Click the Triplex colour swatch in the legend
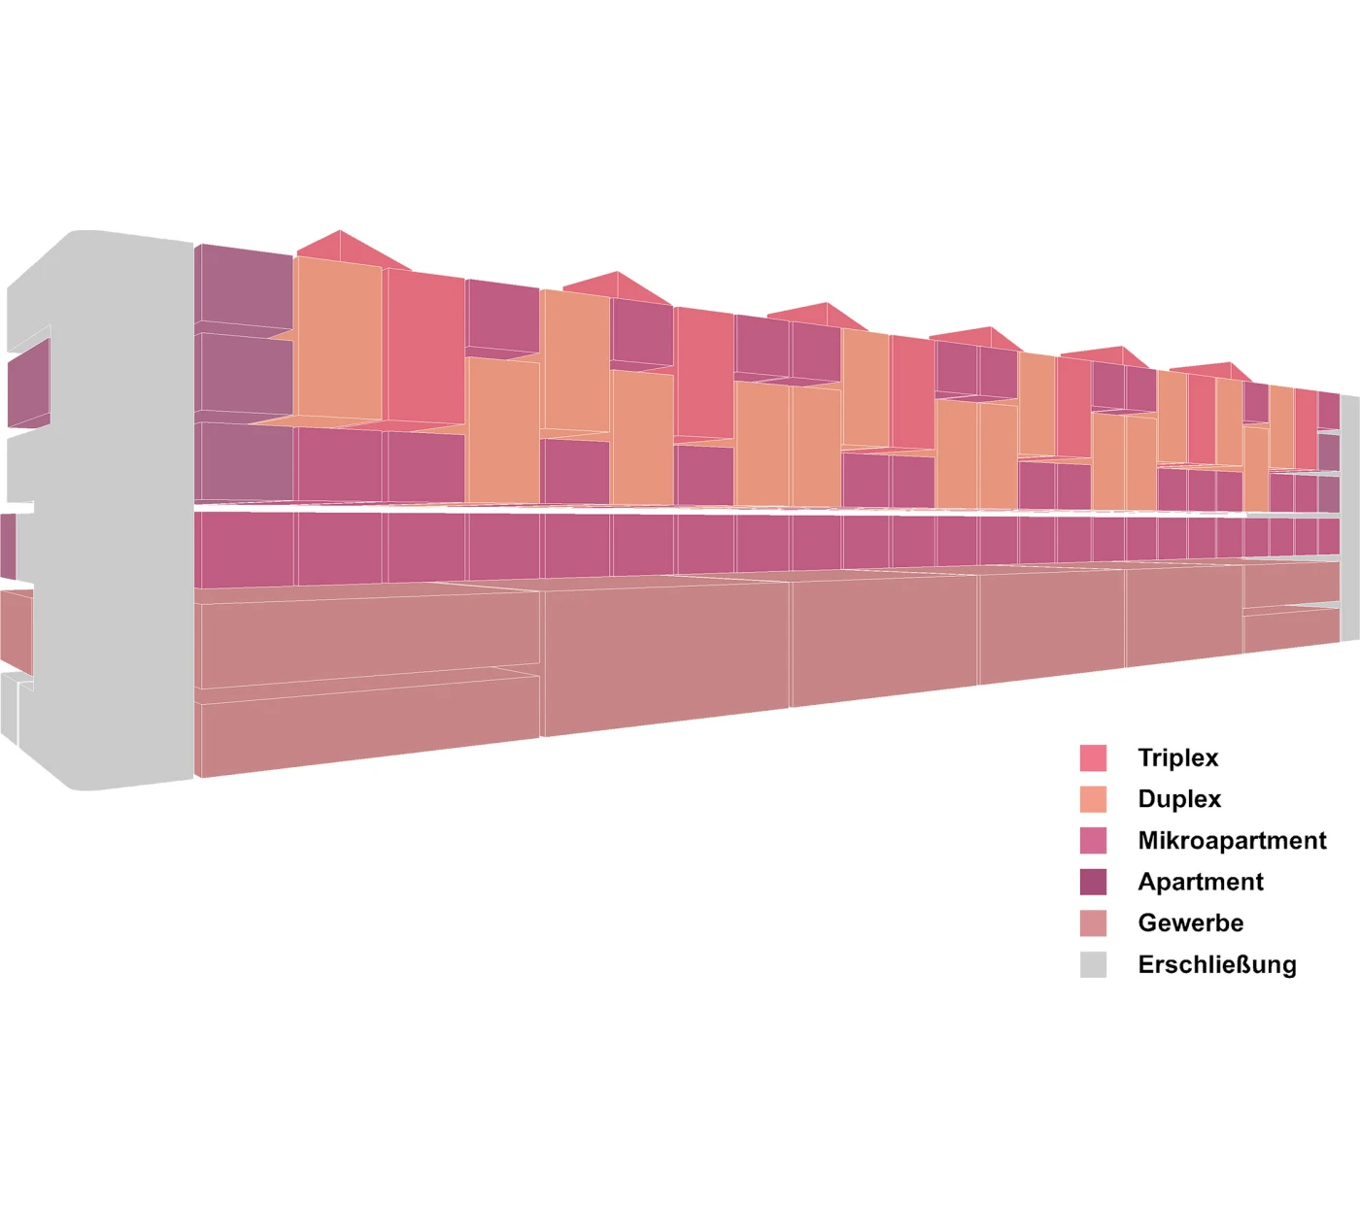click(1093, 757)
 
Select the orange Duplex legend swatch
click(1093, 799)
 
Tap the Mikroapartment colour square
click(1093, 840)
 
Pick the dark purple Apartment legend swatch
click(1093, 882)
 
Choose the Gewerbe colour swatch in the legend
click(1093, 923)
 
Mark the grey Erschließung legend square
click(1093, 964)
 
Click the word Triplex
click(1177, 757)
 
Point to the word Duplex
click(1179, 799)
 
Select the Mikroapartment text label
click(1232, 840)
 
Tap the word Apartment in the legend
click(1201, 882)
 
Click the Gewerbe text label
click(1190, 923)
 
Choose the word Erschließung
click(1217, 964)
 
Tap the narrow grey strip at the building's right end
click(1349, 515)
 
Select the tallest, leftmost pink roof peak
click(340, 248)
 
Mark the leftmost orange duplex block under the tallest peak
click(338, 340)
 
